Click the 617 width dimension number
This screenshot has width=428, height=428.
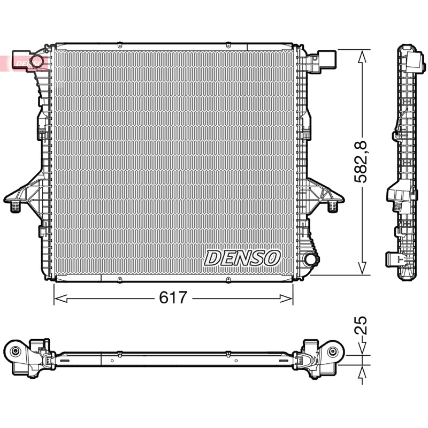(x=173, y=297)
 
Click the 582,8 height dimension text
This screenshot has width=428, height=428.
(x=361, y=162)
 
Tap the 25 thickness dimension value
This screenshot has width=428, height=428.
(x=360, y=326)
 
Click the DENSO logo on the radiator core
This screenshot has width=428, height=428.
(x=242, y=258)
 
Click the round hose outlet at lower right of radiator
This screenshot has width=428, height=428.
(x=311, y=258)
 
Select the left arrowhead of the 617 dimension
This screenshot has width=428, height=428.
(x=60, y=299)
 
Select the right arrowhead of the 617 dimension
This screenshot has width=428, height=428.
(x=286, y=299)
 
